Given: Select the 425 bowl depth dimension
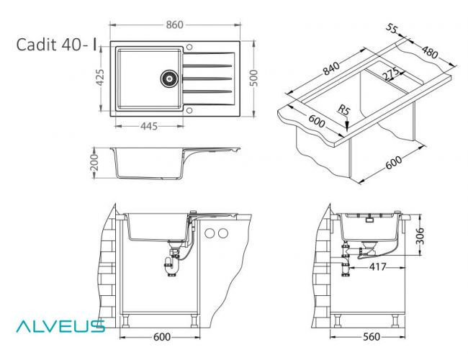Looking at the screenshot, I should pyautogui.click(x=101, y=76).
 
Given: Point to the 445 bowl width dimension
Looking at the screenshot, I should pyautogui.click(x=148, y=127).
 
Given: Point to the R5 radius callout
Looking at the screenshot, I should pyautogui.click(x=346, y=112).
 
